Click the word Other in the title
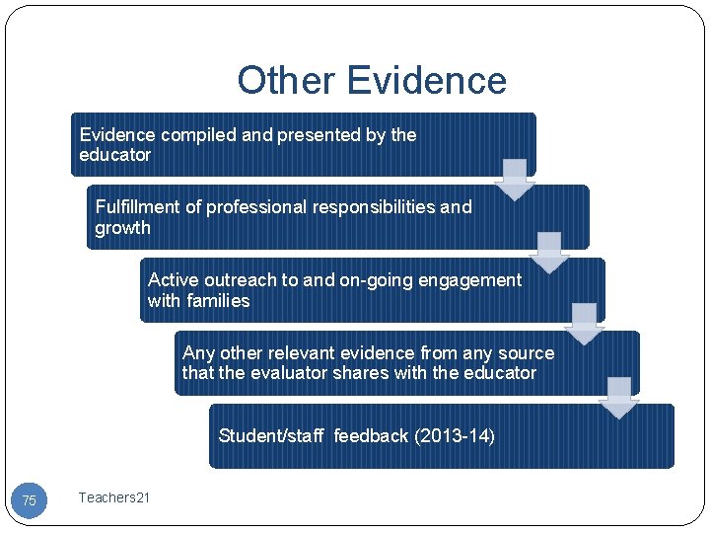[x=286, y=80]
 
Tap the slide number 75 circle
[x=29, y=500]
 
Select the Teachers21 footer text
[x=114, y=497]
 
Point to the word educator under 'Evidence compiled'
[x=114, y=155]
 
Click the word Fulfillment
[x=138, y=207]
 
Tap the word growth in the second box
[x=122, y=228]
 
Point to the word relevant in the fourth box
[x=305, y=353]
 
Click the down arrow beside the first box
[x=514, y=180]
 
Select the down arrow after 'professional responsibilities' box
[x=549, y=253]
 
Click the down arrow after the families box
[x=585, y=324]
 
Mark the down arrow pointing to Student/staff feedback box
[x=619, y=398]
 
